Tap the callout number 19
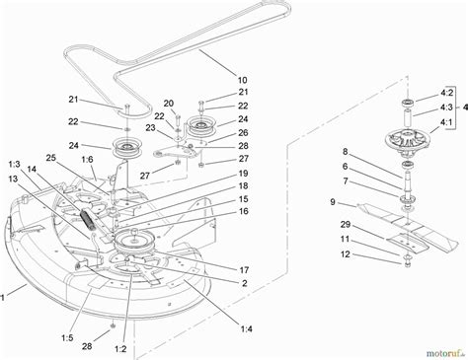[x=242, y=174]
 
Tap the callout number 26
[x=243, y=134]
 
